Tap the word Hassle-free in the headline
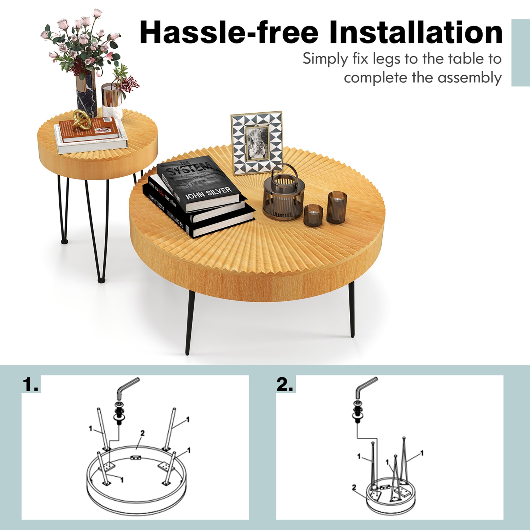tap(229, 33)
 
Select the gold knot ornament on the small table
tap(82, 119)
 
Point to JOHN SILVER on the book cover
tap(208, 193)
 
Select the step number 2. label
tap(285, 384)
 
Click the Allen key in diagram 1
tap(127, 387)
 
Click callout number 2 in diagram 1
tap(142, 433)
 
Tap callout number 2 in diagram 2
tap(354, 487)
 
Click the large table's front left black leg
tap(190, 322)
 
